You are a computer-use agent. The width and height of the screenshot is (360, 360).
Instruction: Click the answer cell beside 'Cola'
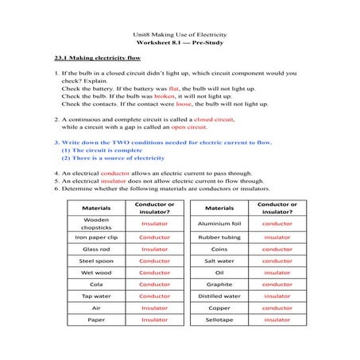154,284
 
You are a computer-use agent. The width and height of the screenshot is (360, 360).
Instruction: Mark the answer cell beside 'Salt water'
277,261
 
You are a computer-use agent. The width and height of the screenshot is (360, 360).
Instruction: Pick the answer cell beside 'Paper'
154,319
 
